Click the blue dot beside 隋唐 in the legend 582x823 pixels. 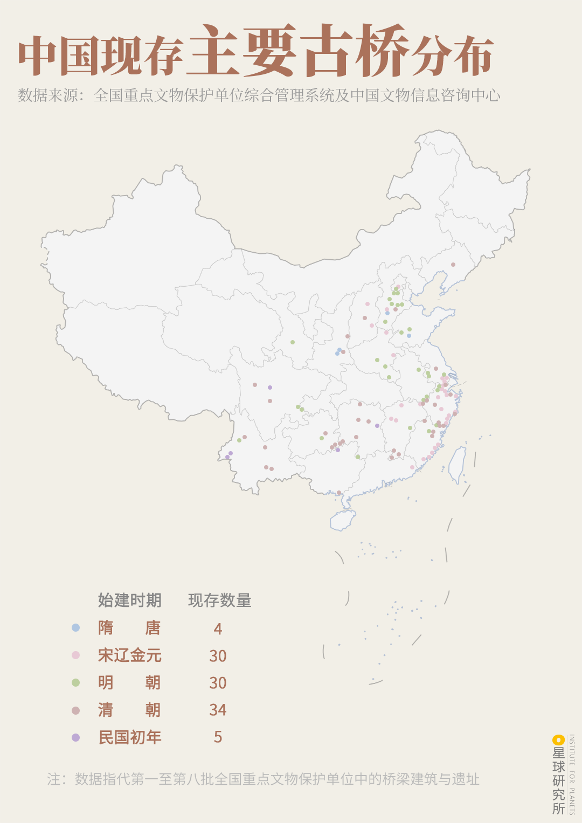click(x=75, y=627)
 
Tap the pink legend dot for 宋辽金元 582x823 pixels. click(x=75, y=655)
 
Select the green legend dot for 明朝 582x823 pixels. click(x=75, y=682)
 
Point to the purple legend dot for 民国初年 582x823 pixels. click(x=75, y=737)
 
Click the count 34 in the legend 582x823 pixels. click(x=218, y=710)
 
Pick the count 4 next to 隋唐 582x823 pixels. click(x=218, y=628)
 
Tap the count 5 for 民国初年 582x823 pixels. click(x=218, y=737)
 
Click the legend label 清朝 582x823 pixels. click(x=129, y=710)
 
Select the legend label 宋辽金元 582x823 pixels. click(x=129, y=655)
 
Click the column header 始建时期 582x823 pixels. click(x=129, y=600)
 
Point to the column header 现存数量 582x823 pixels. click(x=219, y=600)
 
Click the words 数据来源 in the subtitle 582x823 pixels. click(x=48, y=95)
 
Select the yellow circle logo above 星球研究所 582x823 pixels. click(x=558, y=740)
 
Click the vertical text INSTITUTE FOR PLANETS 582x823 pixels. click(x=572, y=774)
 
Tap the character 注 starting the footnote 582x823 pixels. click(x=54, y=779)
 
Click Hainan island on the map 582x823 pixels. click(x=343, y=520)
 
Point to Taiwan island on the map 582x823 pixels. click(x=458, y=464)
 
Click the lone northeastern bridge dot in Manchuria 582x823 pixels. click(x=453, y=265)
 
